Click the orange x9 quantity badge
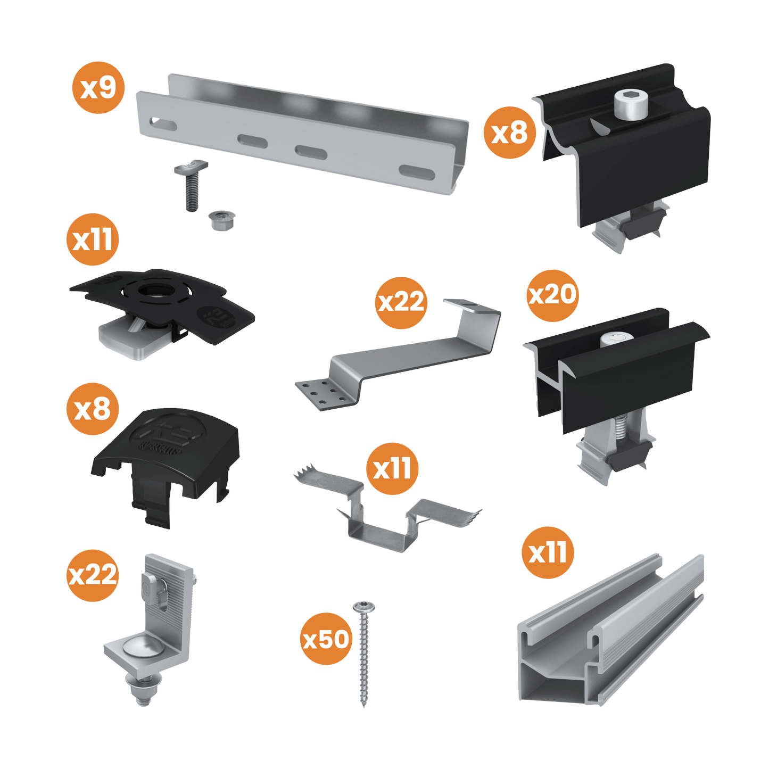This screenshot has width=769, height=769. (98, 87)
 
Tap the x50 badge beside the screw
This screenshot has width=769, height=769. (326, 639)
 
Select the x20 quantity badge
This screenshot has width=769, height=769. (552, 295)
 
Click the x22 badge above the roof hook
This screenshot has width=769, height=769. (401, 302)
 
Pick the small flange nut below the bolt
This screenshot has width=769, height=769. (217, 220)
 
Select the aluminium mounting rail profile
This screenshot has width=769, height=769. (612, 633)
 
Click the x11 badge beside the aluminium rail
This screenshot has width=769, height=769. (548, 552)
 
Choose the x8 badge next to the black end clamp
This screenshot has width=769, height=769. (509, 132)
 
